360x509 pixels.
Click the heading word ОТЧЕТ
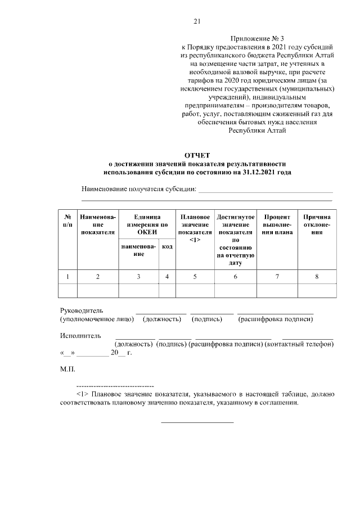tap(196, 155)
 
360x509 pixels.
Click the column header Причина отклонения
tap(317, 224)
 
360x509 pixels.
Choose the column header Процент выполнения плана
tap(277, 224)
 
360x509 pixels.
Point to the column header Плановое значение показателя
tap(195, 228)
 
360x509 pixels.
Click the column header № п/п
tap(67, 220)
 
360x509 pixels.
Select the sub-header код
tap(167, 247)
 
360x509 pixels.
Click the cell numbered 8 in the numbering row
tap(317, 277)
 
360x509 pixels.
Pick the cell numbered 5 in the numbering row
tap(195, 277)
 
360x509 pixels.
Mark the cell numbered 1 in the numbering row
tap(67, 277)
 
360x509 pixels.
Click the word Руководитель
tap(82, 310)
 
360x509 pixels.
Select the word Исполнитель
tap(80, 336)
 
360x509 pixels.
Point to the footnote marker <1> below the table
tap(83, 395)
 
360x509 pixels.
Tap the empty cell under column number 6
tap(235, 290)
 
